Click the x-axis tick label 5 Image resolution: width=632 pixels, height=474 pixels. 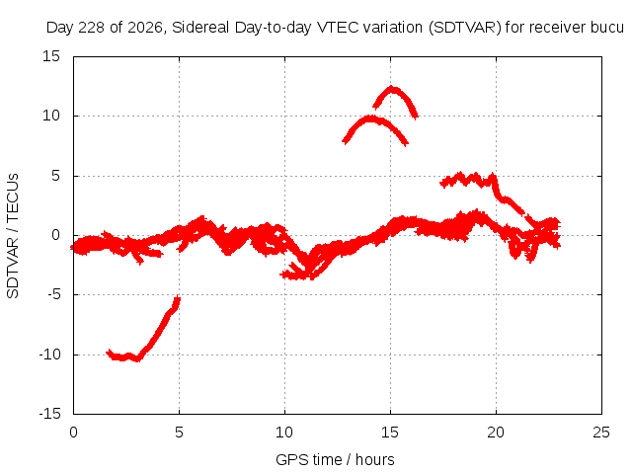tap(179, 433)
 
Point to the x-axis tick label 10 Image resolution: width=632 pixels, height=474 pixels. tap(284, 433)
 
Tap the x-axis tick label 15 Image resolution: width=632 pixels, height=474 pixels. tap(390, 433)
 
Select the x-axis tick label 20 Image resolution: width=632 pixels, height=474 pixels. tap(496, 433)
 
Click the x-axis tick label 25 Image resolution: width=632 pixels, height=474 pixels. tap(601, 433)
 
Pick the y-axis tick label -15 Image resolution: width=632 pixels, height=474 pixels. tap(49, 414)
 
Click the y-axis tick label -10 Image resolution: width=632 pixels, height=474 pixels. tap(49, 355)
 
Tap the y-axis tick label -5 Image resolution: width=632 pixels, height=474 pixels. tap(54, 294)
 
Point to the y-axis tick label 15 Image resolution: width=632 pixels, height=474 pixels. tap(51, 56)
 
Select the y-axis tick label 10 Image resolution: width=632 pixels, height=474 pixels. tap(51, 117)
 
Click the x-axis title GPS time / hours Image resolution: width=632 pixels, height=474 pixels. tap(335, 460)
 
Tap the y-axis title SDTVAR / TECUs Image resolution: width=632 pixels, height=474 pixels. tap(13, 236)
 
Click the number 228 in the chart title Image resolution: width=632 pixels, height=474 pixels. tap(91, 28)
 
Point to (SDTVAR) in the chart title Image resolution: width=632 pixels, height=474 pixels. tap(465, 28)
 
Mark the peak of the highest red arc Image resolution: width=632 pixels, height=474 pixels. tap(392, 88)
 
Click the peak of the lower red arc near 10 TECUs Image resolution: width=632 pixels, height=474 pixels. tap(369, 118)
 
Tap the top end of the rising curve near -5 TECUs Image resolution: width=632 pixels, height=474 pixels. tap(178, 298)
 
